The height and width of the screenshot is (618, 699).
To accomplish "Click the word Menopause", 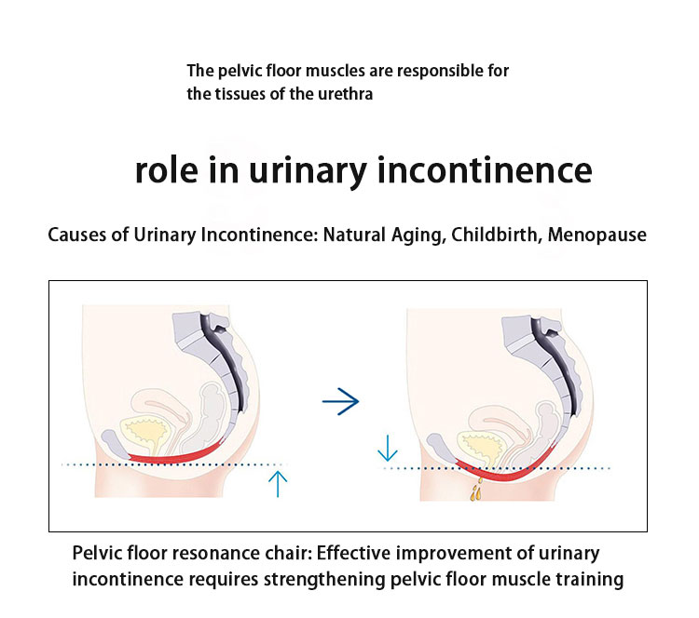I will pyautogui.click(x=597, y=235).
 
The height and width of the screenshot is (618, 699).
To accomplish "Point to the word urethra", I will pyautogui.click(x=348, y=94).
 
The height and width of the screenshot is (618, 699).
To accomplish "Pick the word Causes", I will pyautogui.click(x=77, y=235).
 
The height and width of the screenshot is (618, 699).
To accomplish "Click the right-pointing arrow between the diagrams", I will pyautogui.click(x=340, y=401).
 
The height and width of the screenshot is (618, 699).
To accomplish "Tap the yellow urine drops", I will pyautogui.click(x=477, y=490).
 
